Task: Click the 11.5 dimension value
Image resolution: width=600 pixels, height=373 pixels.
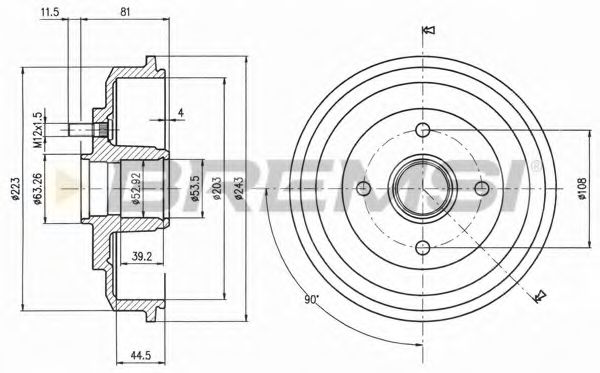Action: point(50,12)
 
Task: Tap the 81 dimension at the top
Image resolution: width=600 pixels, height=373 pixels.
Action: point(125,12)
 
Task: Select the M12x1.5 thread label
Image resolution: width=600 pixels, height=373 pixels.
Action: point(38,130)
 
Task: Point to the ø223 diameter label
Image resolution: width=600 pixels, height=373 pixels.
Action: point(15,189)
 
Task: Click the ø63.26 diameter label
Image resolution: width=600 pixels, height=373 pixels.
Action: point(38,189)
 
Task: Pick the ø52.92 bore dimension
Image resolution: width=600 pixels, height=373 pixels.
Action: point(137,189)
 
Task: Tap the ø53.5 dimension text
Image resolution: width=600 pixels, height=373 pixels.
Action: point(195,189)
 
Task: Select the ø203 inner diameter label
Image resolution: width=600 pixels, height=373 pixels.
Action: point(217,189)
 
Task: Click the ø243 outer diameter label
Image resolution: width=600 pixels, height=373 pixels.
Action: point(239,189)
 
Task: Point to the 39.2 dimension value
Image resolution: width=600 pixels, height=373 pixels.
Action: point(142,256)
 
